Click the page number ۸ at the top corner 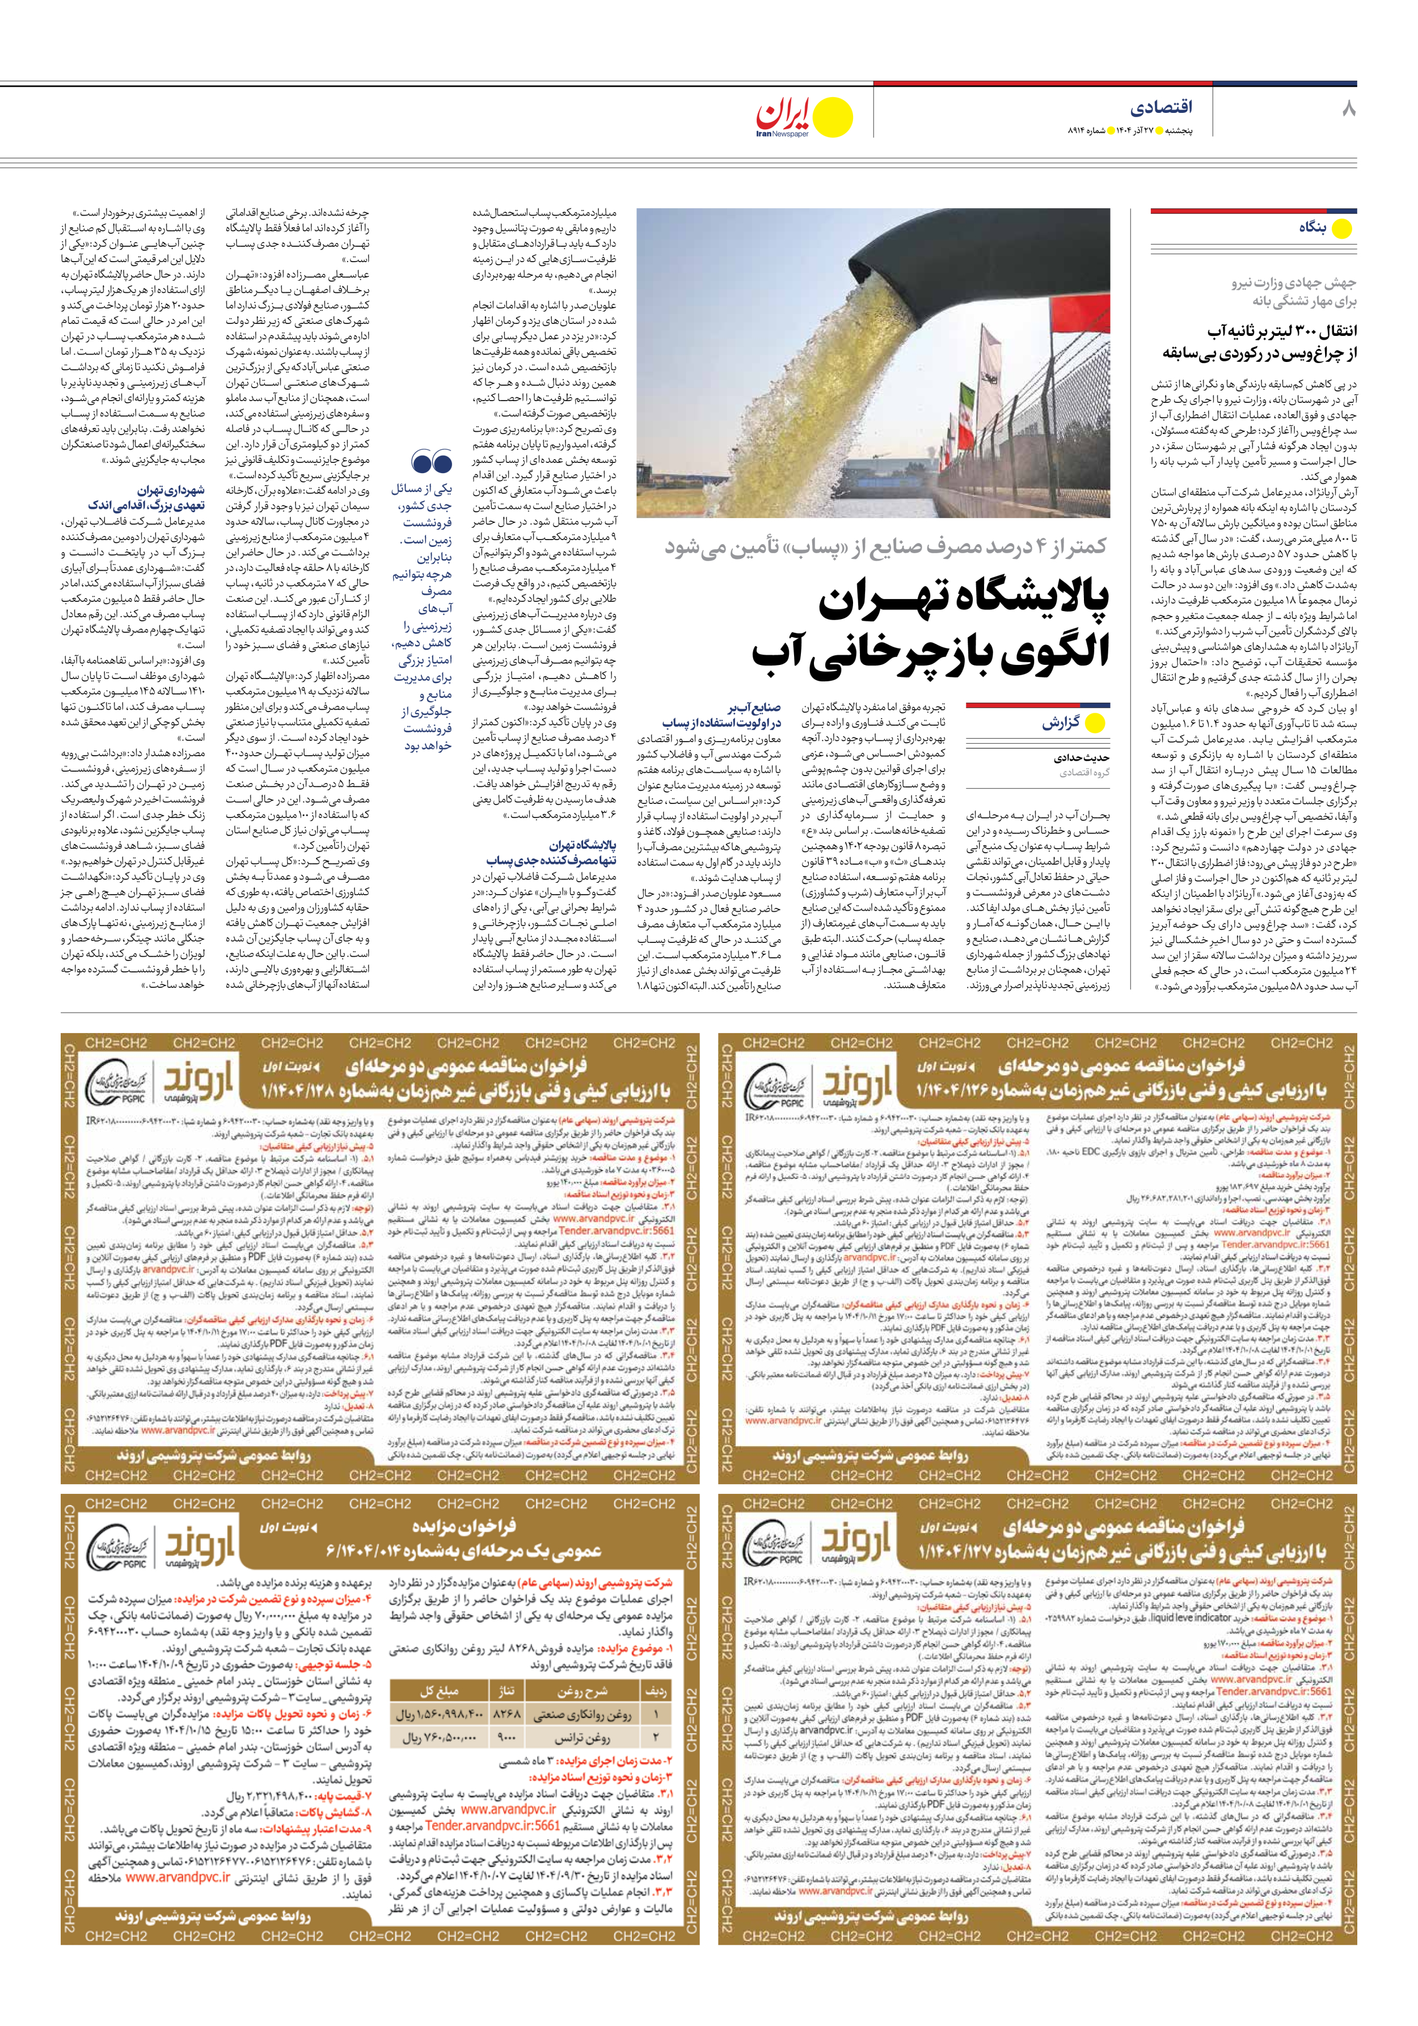[1348, 110]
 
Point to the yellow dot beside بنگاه [1341, 229]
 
